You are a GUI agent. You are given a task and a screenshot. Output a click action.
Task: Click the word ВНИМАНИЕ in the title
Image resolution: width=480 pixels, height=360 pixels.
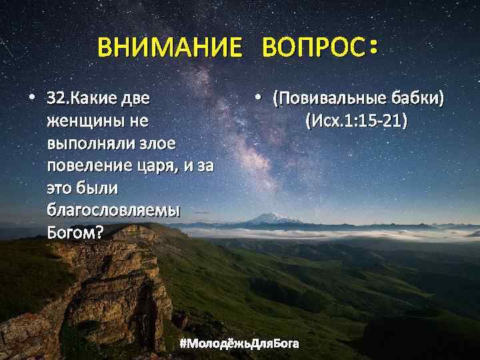click(x=170, y=48)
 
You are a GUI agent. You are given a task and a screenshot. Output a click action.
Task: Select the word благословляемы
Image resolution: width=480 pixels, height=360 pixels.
click(x=113, y=210)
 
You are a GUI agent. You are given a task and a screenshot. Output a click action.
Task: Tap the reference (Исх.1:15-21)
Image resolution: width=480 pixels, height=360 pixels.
click(x=357, y=121)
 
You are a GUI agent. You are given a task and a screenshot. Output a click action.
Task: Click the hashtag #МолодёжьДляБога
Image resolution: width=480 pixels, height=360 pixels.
click(x=240, y=343)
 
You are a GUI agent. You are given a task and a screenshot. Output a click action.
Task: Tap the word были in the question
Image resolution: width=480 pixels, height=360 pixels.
click(x=93, y=188)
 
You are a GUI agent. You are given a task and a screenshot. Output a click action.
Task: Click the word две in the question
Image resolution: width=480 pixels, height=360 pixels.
click(x=135, y=99)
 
